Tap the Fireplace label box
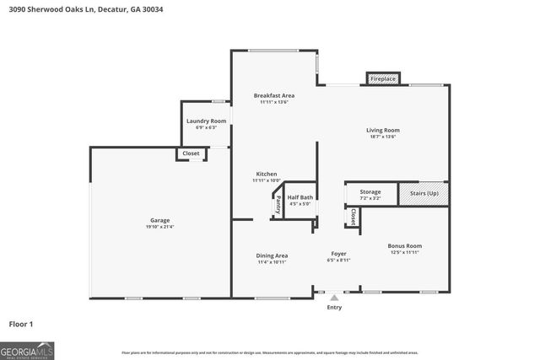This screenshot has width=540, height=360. click(x=383, y=78)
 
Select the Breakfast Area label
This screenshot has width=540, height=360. click(x=274, y=95)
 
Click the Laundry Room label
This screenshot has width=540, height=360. click(x=206, y=121)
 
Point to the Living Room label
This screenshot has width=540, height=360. click(x=382, y=130)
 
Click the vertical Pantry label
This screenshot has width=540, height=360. click(x=278, y=204)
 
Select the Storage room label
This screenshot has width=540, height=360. click(x=370, y=192)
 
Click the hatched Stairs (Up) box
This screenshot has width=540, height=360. click(x=424, y=193)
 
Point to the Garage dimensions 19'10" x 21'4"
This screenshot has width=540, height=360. click(x=160, y=227)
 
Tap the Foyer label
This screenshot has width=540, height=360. click(x=338, y=253)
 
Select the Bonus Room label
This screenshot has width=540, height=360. click(x=404, y=246)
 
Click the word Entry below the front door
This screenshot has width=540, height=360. click(x=335, y=308)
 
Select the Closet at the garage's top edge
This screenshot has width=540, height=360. click(x=191, y=153)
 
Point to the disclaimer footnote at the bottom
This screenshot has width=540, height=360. click(x=270, y=352)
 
